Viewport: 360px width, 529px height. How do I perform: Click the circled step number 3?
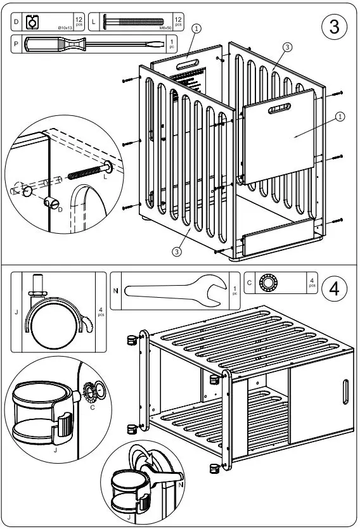click(x=335, y=27)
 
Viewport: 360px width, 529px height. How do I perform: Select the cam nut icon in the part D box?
click(x=32, y=23)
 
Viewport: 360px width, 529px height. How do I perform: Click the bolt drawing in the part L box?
click(x=134, y=22)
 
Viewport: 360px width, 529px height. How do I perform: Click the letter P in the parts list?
click(x=16, y=44)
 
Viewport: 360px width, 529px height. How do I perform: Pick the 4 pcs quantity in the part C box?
click(x=312, y=283)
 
